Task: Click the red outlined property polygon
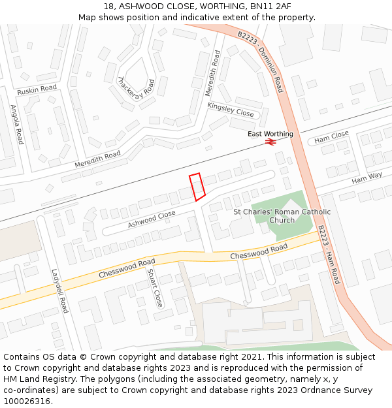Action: click(197, 186)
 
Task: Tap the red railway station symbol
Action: click(269, 144)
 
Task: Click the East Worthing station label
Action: click(270, 134)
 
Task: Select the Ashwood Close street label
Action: click(152, 219)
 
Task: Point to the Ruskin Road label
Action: click(37, 89)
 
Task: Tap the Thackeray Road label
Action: click(136, 92)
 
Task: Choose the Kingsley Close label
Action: click(230, 109)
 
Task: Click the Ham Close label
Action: click(331, 137)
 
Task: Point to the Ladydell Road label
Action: click(59, 291)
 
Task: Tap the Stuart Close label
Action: click(154, 288)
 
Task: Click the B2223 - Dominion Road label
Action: click(261, 62)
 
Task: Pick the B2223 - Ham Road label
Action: click(329, 255)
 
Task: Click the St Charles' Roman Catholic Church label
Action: click(282, 215)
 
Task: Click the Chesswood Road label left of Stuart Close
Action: click(127, 267)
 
